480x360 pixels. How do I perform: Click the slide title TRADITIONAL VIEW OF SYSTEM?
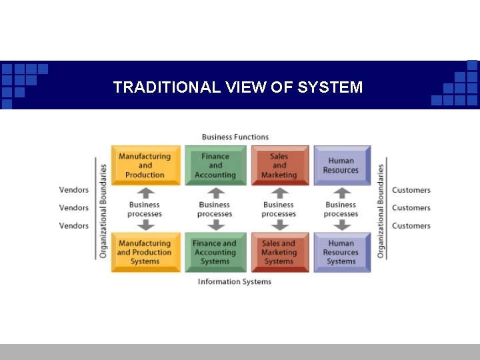[x=238, y=87]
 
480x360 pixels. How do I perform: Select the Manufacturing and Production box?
[x=145, y=165]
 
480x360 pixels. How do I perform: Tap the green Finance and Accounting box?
[x=215, y=165]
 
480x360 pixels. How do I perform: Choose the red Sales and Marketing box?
[x=279, y=165]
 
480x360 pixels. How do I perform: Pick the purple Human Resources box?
[x=341, y=165]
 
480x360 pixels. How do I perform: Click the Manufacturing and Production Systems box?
[x=145, y=252]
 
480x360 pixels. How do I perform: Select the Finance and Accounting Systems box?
[x=215, y=252]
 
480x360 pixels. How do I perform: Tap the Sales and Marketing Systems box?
[x=279, y=252]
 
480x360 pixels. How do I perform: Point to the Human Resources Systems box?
[x=341, y=252]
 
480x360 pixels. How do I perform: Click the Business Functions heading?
[x=235, y=137]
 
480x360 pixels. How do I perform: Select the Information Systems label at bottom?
[x=235, y=281]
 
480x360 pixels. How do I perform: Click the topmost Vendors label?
[x=74, y=190]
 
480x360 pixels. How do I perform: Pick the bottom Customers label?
[x=411, y=226]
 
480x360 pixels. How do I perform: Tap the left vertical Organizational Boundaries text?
[x=103, y=211]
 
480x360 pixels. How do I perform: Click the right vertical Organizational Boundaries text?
[x=381, y=211]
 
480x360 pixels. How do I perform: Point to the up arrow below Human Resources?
[x=341, y=193]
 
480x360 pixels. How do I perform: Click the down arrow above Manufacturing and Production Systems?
[x=145, y=225]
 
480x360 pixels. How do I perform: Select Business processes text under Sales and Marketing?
[x=279, y=209]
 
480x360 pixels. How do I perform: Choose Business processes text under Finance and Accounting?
[x=215, y=209]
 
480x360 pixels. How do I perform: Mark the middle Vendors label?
[x=74, y=208]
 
